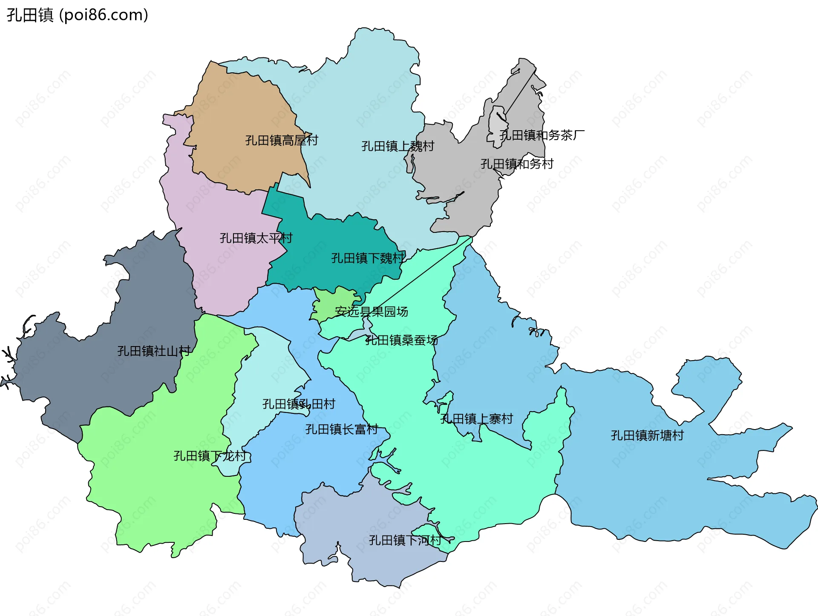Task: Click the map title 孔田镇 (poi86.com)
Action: pos(78,15)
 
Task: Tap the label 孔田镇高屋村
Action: pos(282,140)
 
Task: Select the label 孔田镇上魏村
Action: pos(397,146)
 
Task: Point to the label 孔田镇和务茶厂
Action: pos(541,135)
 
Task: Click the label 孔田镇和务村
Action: pos(517,164)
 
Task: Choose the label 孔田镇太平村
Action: pos(256,238)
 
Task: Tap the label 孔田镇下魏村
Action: pos(368,258)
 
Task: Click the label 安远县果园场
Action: pos(371,312)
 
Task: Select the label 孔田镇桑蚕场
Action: pos(401,340)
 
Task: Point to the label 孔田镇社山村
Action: pos(154,351)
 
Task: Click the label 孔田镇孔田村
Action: pos(299,404)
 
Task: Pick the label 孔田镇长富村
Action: pos(341,430)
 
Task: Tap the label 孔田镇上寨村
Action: pos(476,419)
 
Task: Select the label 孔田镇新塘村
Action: pos(647,435)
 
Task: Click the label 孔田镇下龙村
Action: pos(210,456)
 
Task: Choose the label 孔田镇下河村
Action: pos(405,540)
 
